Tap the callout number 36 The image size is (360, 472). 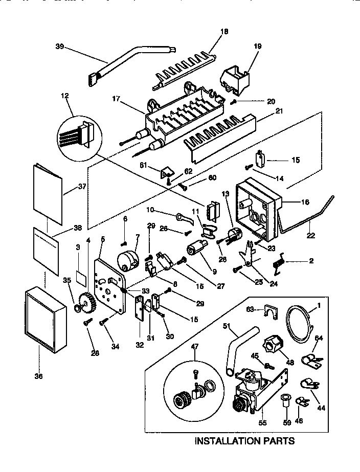[39, 376]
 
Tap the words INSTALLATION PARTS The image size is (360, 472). [244, 440]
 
